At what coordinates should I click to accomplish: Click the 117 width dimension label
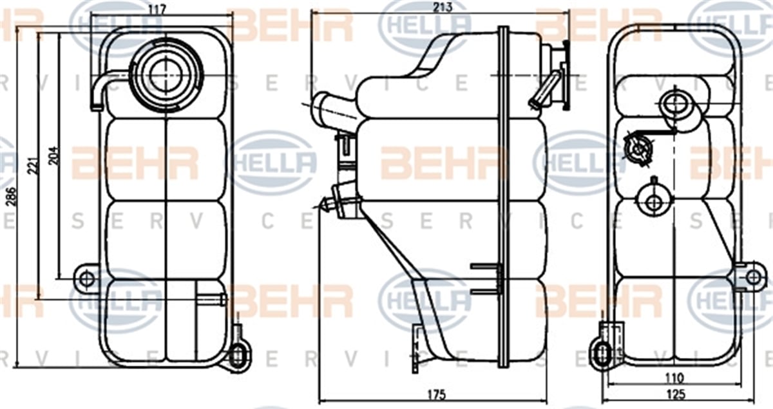[157, 9]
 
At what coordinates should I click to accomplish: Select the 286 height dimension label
[12, 197]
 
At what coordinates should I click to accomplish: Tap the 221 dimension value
[33, 166]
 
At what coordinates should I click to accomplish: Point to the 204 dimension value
[54, 155]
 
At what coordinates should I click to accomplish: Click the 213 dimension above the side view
[443, 7]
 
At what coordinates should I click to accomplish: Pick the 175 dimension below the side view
[437, 394]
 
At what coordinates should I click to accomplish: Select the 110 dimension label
[674, 378]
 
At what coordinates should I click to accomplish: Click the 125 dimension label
[676, 394]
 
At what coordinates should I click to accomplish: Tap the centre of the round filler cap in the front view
[167, 75]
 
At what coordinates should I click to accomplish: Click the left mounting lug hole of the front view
[86, 279]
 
